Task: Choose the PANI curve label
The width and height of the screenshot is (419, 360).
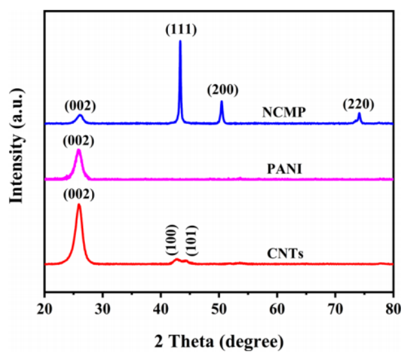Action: tap(284, 170)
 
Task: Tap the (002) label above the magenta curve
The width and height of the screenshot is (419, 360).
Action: tap(79, 140)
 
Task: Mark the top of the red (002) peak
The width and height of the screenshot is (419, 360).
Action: tap(79, 205)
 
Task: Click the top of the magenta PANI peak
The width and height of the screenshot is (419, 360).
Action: tap(79, 150)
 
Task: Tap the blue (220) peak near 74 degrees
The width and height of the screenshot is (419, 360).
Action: tap(359, 114)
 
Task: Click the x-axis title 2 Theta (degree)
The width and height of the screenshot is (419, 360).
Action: tap(218, 339)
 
